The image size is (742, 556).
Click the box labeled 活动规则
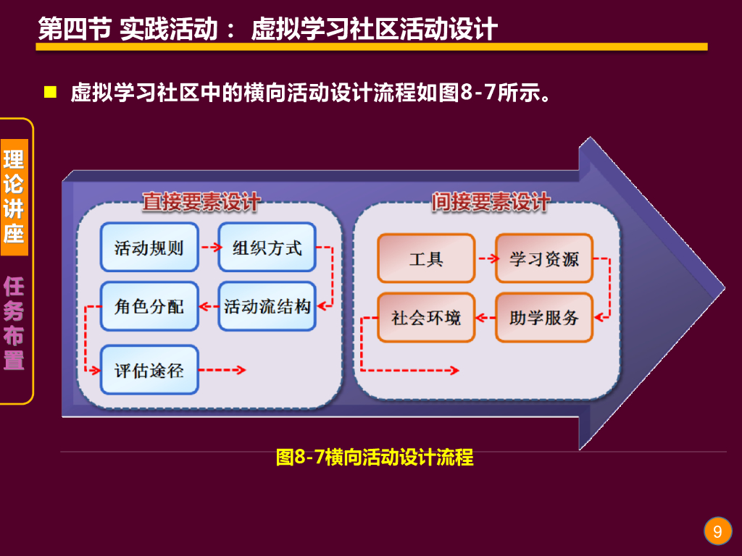tap(149, 248)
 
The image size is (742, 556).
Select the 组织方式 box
tap(267, 248)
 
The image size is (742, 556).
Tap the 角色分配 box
tap(149, 306)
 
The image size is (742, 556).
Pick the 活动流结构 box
tap(267, 306)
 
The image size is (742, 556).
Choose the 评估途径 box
tap(149, 370)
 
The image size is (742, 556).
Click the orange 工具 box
tap(426, 258)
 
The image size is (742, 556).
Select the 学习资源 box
tap(544, 258)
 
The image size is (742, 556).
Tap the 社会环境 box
tap(426, 317)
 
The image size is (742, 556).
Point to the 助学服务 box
tap(544, 317)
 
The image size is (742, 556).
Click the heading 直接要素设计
tap(201, 202)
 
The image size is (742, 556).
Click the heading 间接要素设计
tap(491, 202)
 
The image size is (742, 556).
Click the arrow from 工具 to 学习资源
tap(485, 258)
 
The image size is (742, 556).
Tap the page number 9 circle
tap(717, 532)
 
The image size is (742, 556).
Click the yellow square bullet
tap(50, 92)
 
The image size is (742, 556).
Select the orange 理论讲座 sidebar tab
tap(14, 196)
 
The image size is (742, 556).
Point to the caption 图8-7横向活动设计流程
tap(375, 458)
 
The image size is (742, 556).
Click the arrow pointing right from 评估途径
tap(222, 370)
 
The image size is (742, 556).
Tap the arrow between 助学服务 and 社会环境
tap(485, 317)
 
